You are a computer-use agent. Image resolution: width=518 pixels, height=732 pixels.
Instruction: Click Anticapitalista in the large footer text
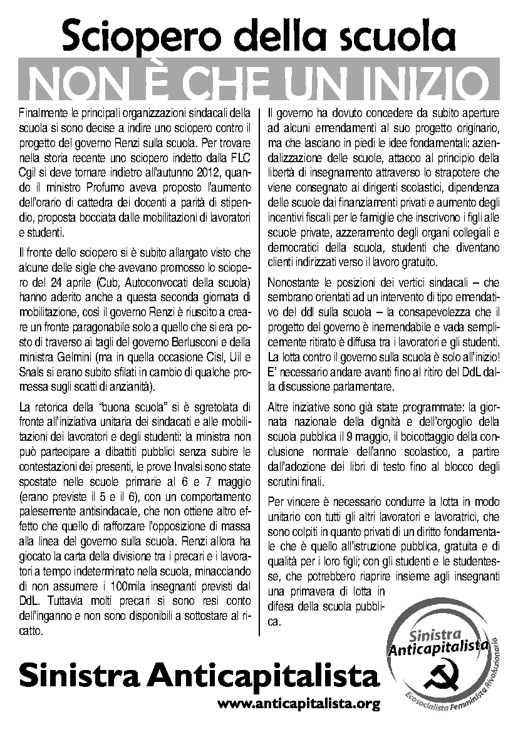(x=263, y=676)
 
